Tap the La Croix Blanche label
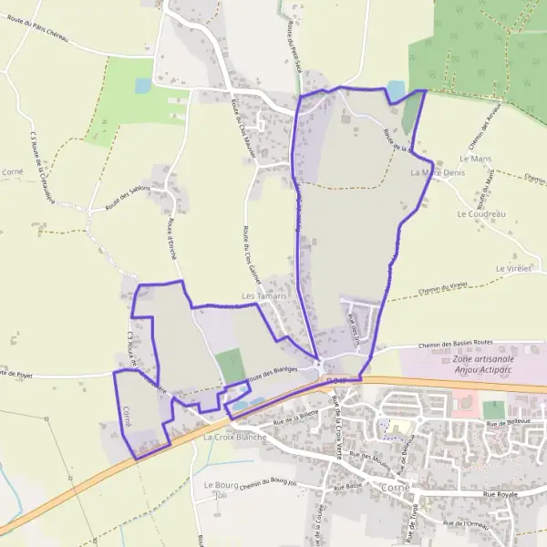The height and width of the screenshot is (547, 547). (234, 438)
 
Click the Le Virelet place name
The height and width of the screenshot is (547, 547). (513, 270)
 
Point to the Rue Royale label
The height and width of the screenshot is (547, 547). (519, 493)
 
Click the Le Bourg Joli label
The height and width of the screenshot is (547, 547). (220, 490)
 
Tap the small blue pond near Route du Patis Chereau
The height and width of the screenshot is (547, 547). (143, 86)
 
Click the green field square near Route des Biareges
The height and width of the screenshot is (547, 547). (231, 366)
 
